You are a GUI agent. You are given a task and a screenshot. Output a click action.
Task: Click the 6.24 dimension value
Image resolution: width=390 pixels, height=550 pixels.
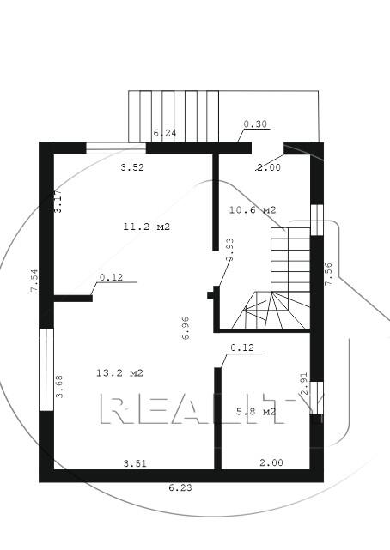click(165, 134)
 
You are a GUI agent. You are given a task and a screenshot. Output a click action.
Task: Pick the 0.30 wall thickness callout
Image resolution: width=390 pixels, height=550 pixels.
click(256, 125)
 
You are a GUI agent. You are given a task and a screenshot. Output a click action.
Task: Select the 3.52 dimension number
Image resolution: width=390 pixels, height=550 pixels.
click(131, 167)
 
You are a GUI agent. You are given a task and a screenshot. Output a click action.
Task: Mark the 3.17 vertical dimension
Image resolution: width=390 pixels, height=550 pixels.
click(58, 200)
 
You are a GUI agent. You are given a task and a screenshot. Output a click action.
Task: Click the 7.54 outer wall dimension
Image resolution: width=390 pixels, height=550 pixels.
click(34, 281)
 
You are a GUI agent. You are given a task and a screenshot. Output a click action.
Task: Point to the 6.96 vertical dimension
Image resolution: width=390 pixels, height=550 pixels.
click(186, 329)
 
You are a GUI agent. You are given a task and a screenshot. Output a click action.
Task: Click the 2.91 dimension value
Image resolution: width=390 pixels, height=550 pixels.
click(303, 384)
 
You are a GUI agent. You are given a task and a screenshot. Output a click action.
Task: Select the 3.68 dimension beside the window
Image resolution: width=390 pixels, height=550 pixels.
click(59, 387)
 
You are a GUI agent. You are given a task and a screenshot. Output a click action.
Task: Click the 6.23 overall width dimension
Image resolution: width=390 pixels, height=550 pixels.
click(180, 488)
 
